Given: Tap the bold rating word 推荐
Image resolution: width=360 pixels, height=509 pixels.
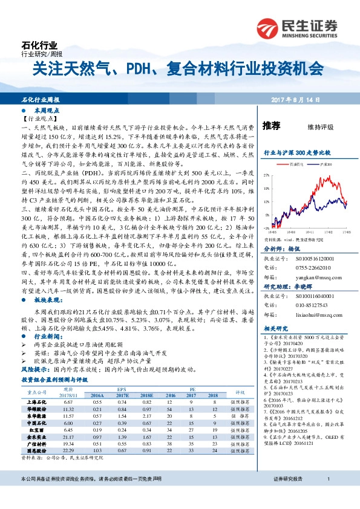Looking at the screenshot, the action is [x=272, y=126].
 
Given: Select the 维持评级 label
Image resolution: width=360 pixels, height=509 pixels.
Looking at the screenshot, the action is [x=320, y=127].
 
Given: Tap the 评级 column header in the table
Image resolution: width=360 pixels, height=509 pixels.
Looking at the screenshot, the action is [x=239, y=391].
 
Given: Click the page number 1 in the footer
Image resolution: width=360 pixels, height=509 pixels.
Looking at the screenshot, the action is [x=328, y=494].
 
